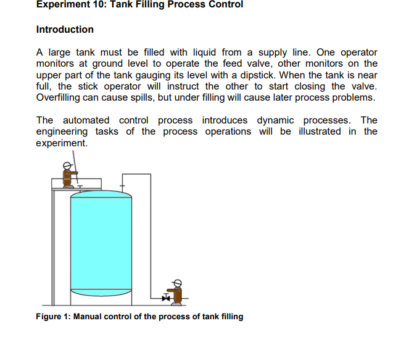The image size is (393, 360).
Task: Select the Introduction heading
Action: (65, 30)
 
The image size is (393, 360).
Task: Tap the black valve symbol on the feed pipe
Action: (165, 299)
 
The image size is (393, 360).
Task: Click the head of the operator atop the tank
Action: (66, 166)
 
